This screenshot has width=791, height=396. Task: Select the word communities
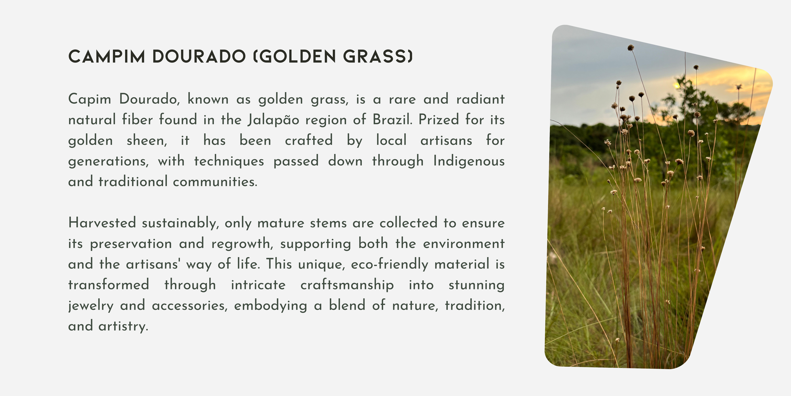click(x=215, y=181)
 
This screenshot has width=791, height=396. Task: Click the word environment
click(x=464, y=244)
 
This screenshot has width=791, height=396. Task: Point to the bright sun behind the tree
click(x=676, y=85)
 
